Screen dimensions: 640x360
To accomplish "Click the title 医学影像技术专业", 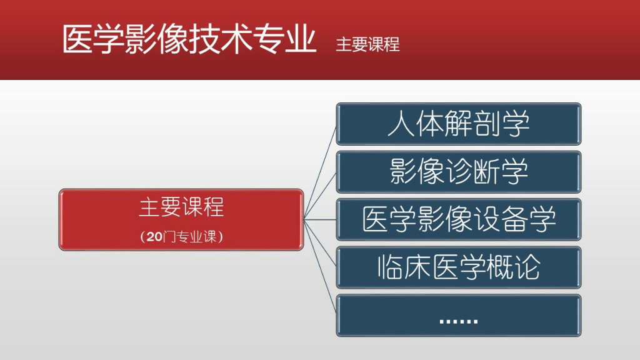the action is [189, 39].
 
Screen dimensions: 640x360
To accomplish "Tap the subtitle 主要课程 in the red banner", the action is [367, 44].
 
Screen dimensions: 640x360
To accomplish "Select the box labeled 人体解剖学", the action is [458, 124].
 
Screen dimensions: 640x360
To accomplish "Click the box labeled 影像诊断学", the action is [458, 172].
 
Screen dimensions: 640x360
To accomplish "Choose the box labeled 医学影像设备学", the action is [458, 219].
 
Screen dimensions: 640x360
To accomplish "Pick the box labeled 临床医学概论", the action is [458, 267].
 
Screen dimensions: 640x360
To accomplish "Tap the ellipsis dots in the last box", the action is [459, 322].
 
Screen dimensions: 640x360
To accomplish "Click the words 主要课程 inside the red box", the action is [181, 207].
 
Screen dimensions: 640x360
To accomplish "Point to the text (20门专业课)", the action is [181, 236].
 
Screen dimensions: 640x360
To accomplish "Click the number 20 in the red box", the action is [155, 236].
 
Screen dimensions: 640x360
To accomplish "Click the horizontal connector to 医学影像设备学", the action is [320, 219].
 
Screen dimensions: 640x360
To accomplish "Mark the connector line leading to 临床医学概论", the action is [320, 243].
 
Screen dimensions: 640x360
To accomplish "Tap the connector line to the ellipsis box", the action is [320, 267].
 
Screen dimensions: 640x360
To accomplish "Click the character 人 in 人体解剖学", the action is [401, 124].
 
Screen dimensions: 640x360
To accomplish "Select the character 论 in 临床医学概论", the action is [527, 267].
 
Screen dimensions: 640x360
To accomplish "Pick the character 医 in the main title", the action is [77, 39].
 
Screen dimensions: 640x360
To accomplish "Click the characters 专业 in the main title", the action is [284, 39].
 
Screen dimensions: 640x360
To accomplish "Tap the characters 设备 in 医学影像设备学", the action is [500, 219].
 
